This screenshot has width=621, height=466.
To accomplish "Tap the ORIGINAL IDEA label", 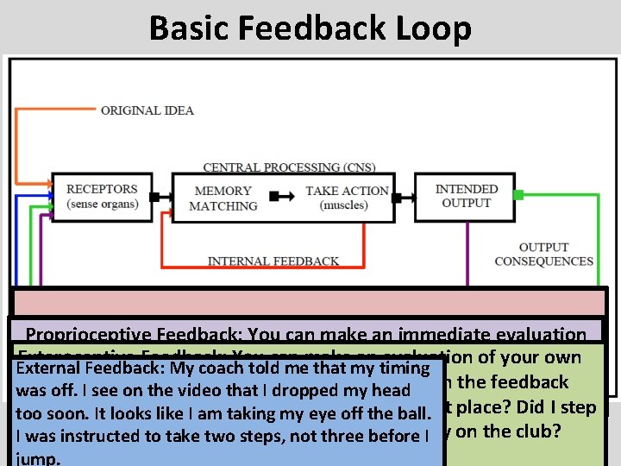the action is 147,110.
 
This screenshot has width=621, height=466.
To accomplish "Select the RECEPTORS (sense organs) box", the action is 102,196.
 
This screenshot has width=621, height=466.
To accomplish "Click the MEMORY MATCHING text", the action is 223,198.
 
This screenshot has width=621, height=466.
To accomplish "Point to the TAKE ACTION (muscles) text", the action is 347,198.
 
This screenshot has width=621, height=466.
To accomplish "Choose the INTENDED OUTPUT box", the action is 466,196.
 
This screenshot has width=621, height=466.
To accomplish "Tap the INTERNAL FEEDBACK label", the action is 273,261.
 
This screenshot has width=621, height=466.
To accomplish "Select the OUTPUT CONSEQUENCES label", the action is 543,254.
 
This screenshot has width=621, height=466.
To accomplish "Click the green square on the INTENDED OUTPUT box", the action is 517,195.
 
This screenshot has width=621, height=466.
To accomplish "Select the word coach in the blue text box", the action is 228,368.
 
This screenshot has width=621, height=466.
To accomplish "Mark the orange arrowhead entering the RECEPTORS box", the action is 47,184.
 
